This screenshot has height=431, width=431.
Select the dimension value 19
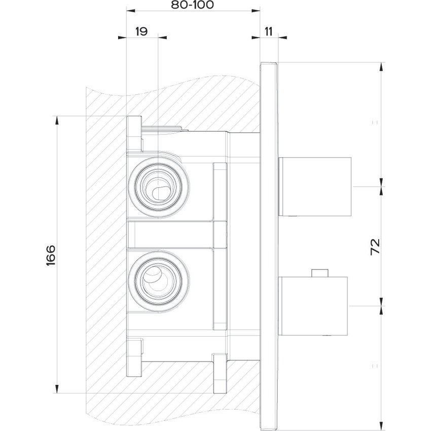(x=141, y=31)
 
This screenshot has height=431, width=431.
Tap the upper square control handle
(x=315, y=186)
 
